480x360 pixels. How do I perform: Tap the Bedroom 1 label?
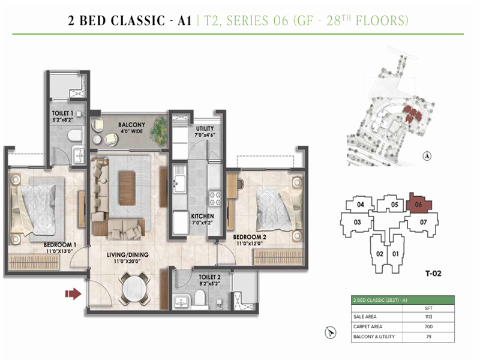pos(59,245)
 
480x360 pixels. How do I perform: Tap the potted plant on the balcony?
pos(159,128)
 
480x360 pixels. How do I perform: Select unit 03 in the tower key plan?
pos(356,223)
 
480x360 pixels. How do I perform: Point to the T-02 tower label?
pos(433,274)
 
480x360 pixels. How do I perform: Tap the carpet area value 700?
pos(429,327)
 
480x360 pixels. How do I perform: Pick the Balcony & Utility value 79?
pos(429,337)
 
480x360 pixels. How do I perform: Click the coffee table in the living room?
pos(127,182)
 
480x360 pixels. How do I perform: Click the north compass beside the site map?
pos(427,156)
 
